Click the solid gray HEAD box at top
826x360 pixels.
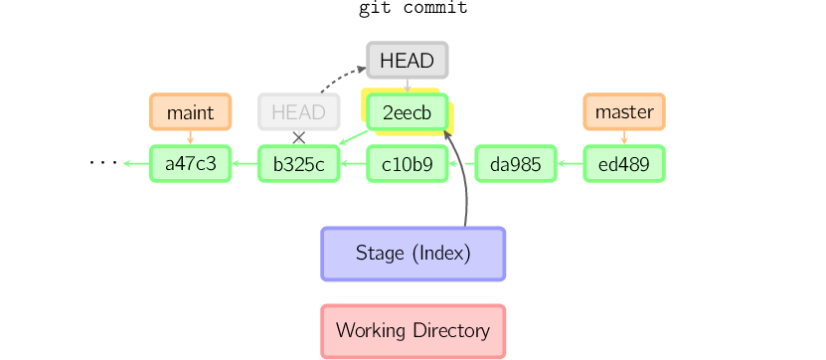tap(408, 61)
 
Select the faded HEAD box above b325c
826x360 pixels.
tap(298, 112)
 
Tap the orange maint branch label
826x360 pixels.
tap(190, 112)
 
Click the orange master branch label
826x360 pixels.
tap(624, 112)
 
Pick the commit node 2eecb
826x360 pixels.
tap(408, 113)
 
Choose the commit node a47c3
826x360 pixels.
tap(190, 164)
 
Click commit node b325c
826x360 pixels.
tap(298, 164)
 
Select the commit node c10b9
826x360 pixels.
tap(408, 164)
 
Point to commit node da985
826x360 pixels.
tap(516, 164)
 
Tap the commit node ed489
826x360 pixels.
tap(624, 164)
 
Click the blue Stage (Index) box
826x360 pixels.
tap(413, 254)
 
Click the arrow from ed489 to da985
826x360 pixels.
tap(570, 164)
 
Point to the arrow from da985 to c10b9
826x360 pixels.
tap(461, 164)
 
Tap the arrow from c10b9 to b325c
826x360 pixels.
tap(353, 164)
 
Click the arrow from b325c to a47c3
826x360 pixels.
tap(245, 164)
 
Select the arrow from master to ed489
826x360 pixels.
tap(624, 138)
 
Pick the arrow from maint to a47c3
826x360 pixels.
tap(190, 138)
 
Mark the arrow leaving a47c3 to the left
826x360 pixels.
tap(135, 164)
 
